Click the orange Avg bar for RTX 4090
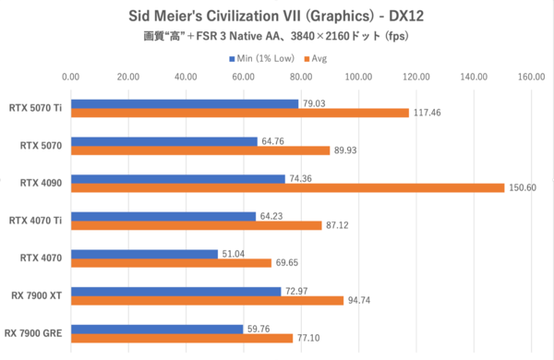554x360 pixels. click(x=287, y=188)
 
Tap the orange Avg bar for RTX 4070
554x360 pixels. click(x=170, y=263)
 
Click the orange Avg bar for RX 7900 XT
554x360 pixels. click(x=206, y=301)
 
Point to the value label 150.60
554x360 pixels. click(x=523, y=187)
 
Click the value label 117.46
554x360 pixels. click(x=428, y=113)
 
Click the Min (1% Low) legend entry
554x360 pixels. click(x=268, y=58)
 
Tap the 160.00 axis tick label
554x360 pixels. click(x=531, y=78)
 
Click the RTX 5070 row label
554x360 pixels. click(x=41, y=146)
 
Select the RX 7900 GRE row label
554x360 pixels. click(x=33, y=333)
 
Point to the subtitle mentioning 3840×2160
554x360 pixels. click(x=277, y=38)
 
